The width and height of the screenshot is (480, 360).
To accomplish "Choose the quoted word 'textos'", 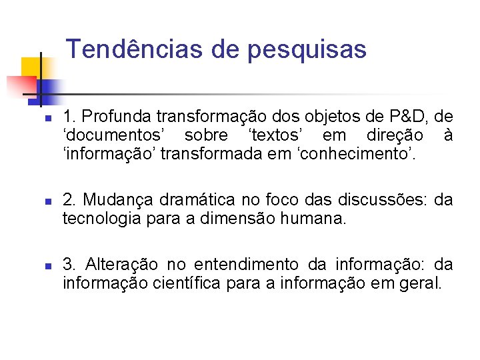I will point(275,136).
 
